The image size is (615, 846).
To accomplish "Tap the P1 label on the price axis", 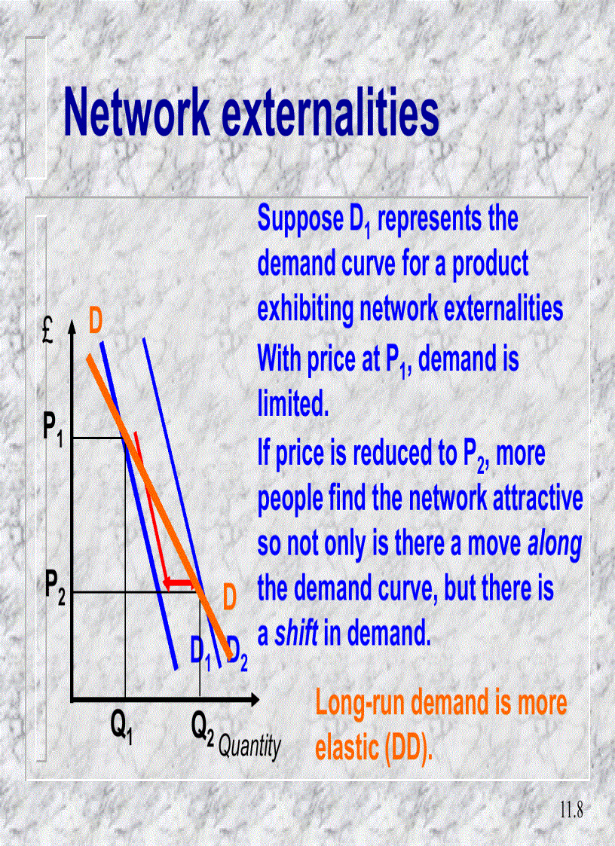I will click(x=53, y=431).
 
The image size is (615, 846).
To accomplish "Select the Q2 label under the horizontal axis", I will click(x=202, y=727).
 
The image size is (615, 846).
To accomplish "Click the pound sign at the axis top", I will click(x=50, y=331).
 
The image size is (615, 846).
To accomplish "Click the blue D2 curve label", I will click(x=236, y=650).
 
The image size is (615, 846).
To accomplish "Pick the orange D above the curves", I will click(x=96, y=321).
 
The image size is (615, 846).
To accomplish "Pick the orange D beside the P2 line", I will click(x=230, y=597).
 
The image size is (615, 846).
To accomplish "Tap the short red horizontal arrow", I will click(x=180, y=582).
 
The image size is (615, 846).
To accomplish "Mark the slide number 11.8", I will click(x=572, y=811).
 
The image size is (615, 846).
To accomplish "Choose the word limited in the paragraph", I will click(x=292, y=405).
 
